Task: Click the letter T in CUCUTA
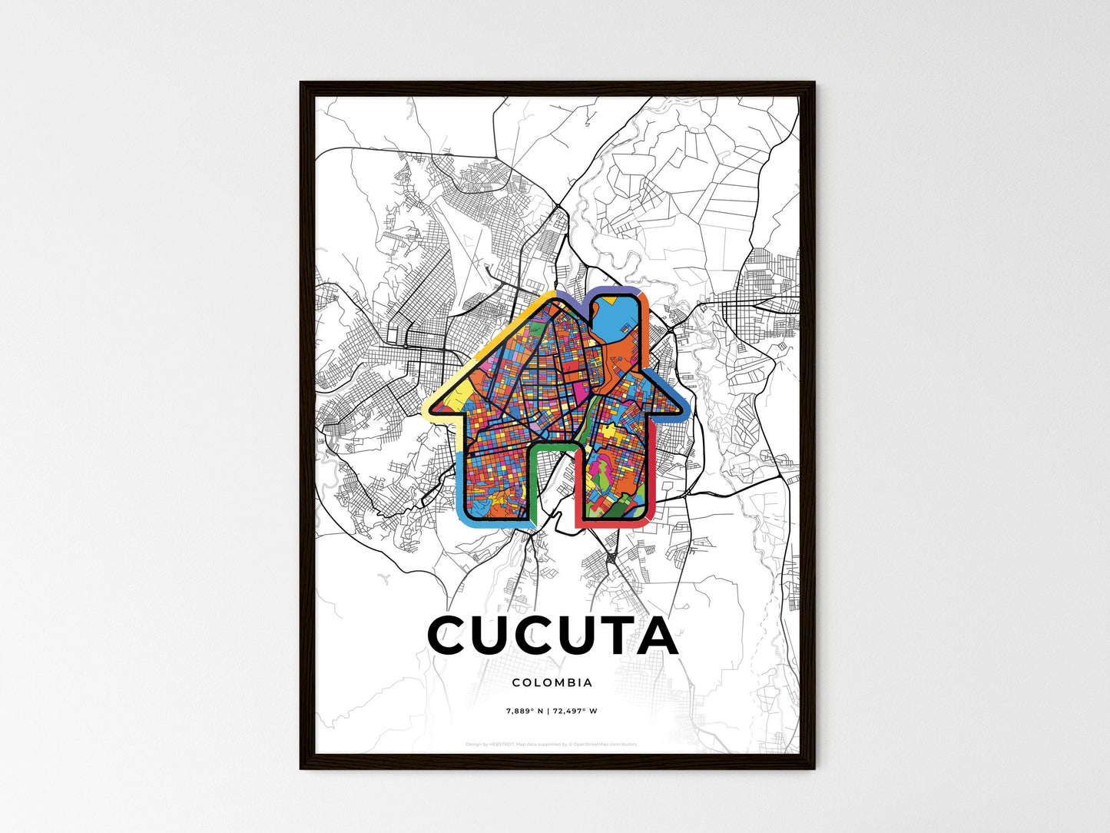(x=605, y=636)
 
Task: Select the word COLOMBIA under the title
(x=552, y=682)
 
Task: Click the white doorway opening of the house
(x=555, y=484)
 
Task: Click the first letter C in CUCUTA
(x=453, y=636)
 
